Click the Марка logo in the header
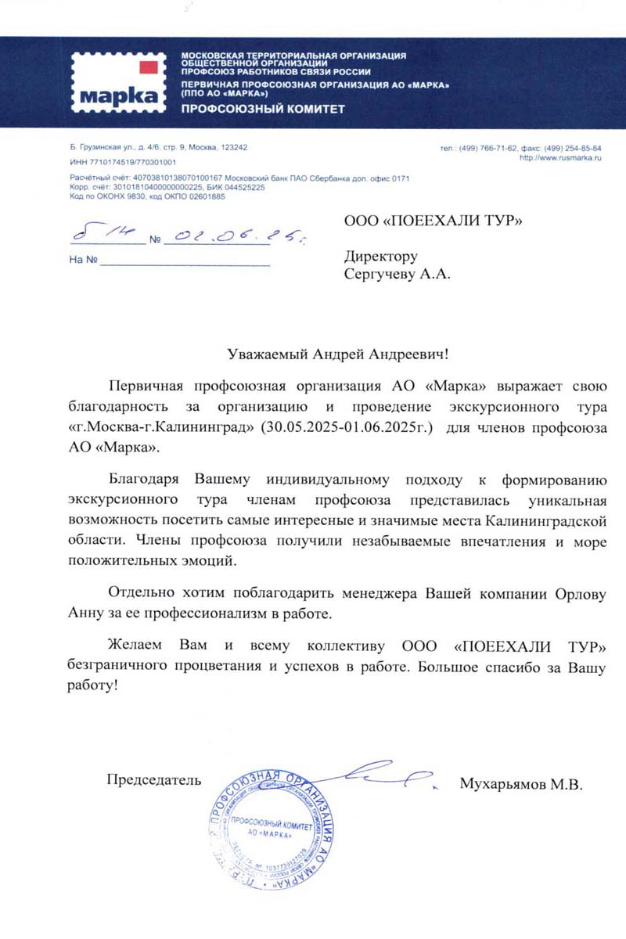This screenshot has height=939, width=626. [x=118, y=82]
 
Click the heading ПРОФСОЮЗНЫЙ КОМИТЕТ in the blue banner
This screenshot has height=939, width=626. [x=263, y=109]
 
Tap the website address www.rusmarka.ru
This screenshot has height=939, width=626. [x=559, y=157]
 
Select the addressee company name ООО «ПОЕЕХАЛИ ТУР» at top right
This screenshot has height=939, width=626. [x=433, y=221]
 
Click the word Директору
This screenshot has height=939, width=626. [x=381, y=257]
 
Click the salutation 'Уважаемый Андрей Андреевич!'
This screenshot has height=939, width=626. [x=339, y=354]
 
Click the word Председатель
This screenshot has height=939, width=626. [x=154, y=779]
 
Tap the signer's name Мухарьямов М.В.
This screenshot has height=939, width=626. [x=521, y=783]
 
